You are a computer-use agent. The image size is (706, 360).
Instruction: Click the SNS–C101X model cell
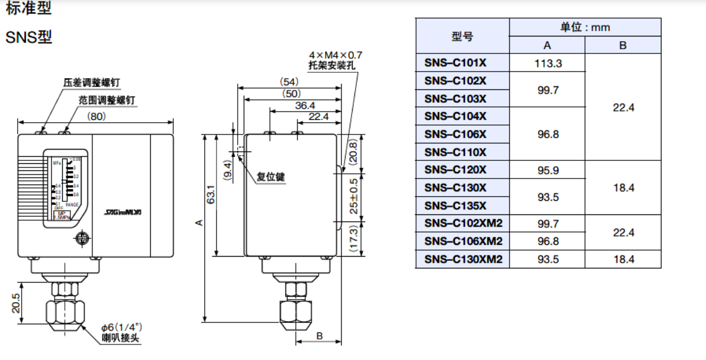pos(455,63)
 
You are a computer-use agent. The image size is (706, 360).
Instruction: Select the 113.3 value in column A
pos(548,63)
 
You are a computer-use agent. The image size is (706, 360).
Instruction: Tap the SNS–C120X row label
pos(455,170)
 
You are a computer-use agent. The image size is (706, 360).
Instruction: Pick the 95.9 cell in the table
pos(548,170)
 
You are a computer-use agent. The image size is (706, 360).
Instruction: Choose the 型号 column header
pos(462,36)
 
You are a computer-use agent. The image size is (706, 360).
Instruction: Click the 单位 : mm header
pos(585,27)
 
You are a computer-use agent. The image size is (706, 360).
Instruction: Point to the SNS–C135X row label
pos(455,206)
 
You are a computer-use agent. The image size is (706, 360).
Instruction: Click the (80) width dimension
pos(96,116)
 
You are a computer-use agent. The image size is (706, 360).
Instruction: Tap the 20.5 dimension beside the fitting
pos(16,302)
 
